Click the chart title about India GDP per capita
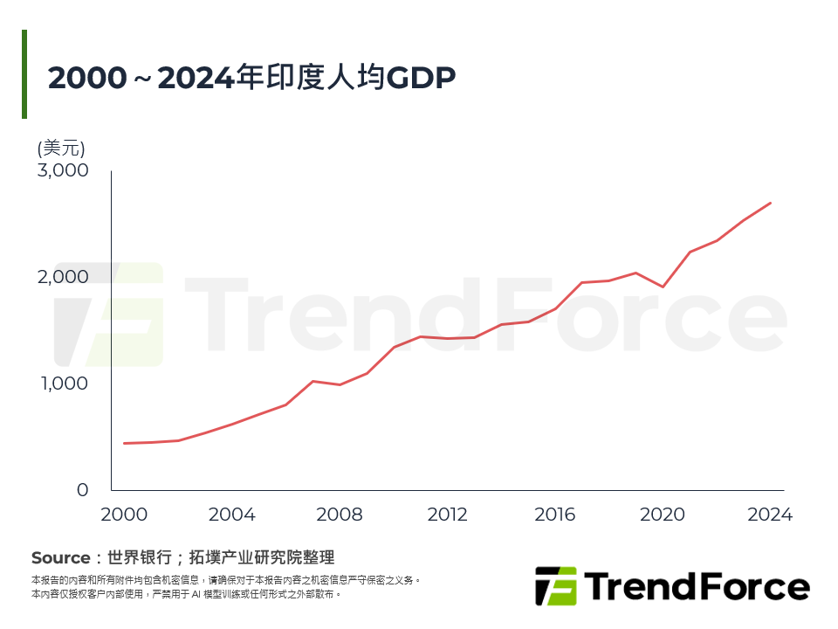point(252,78)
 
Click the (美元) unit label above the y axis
point(61,148)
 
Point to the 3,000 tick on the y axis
point(63,170)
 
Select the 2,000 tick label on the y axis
point(63,277)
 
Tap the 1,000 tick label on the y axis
point(63,384)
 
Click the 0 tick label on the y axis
point(82,490)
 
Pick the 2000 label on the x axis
point(125,515)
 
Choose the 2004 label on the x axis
point(232,515)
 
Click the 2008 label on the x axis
point(340,515)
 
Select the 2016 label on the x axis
point(555,515)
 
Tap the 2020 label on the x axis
point(663,515)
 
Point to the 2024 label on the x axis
point(770,515)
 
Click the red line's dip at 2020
point(663,287)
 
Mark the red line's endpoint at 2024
point(771,203)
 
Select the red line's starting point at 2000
point(125,444)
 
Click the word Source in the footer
point(60,557)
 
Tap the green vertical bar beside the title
point(24,74)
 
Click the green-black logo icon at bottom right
point(556,586)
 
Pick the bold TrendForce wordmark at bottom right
point(696,586)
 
